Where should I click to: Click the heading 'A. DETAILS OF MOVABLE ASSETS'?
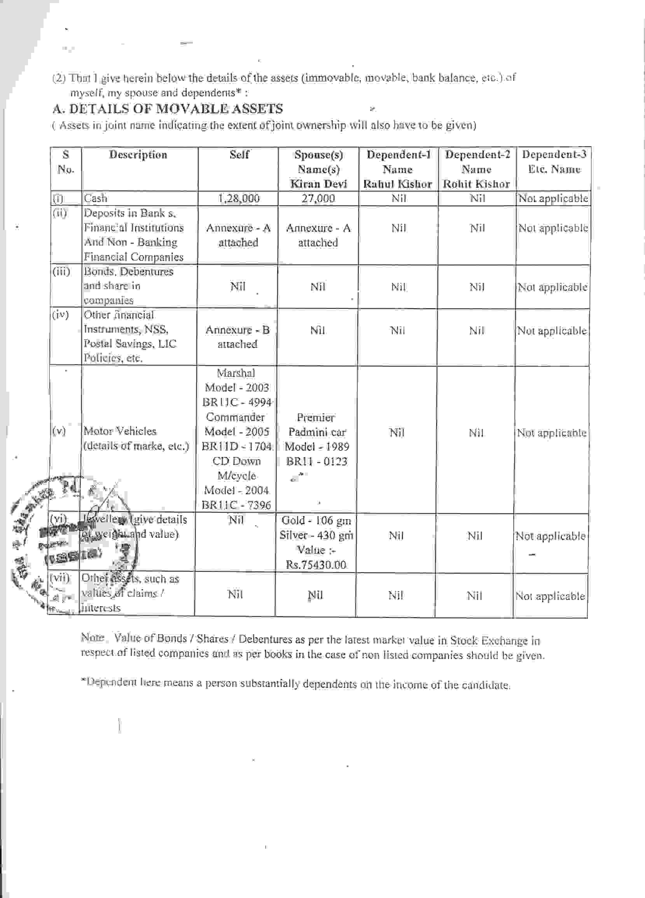(168, 109)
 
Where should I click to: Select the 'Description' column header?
(138, 155)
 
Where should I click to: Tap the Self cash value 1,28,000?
(238, 198)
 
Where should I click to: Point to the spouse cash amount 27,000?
(318, 198)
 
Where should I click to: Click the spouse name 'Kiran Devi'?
(318, 184)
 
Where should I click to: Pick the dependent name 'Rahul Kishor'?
(397, 184)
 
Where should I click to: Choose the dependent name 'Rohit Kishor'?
(476, 184)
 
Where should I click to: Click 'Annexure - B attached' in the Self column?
(237, 337)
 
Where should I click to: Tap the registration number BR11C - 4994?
(237, 402)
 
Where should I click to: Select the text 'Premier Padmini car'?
(316, 424)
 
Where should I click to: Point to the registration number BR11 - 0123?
(316, 461)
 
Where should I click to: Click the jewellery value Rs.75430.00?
(316, 565)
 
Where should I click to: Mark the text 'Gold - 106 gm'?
(316, 520)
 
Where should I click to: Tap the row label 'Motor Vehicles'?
(120, 431)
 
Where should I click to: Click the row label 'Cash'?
(96, 198)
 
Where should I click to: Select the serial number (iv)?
(60, 315)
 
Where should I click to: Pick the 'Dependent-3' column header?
(554, 155)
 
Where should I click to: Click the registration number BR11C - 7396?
(237, 505)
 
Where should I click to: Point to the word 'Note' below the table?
(92, 638)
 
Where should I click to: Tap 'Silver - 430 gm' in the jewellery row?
(316, 535)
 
